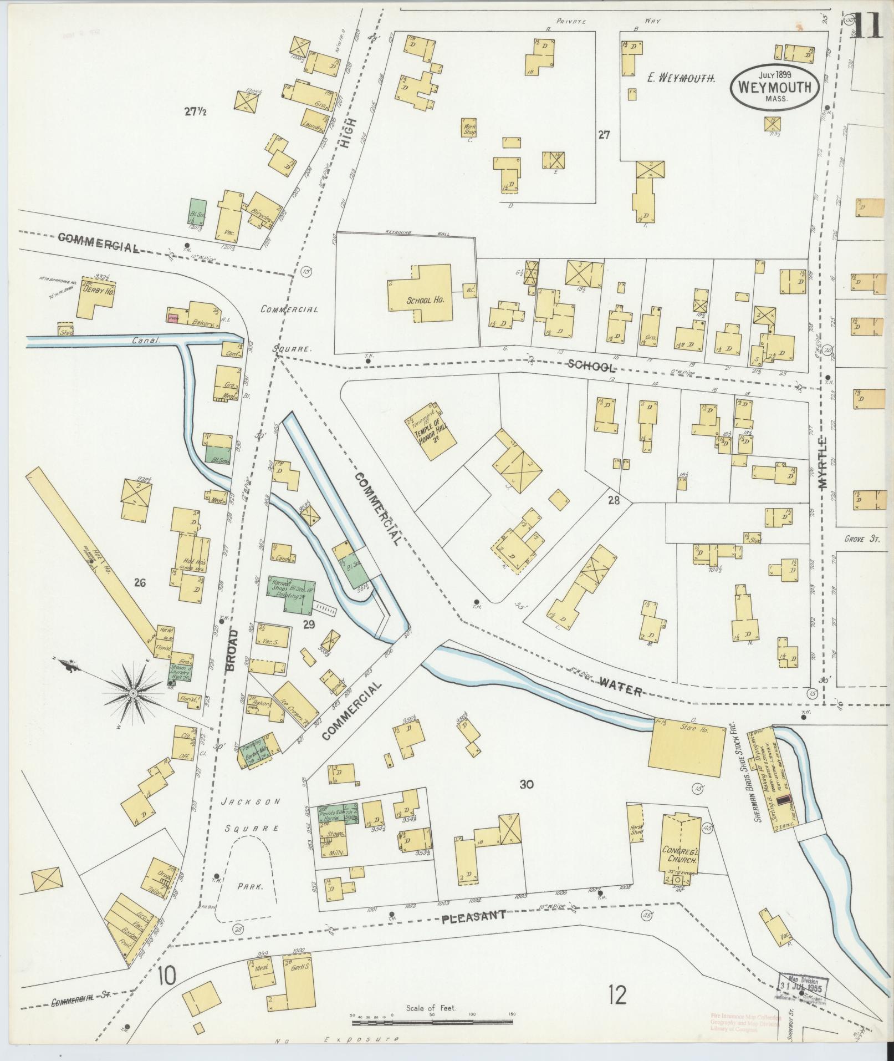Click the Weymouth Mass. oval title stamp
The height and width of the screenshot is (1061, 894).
pyautogui.click(x=775, y=87)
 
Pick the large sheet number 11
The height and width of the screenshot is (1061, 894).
pyautogui.click(x=869, y=25)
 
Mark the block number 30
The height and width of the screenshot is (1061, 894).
pyautogui.click(x=527, y=784)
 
